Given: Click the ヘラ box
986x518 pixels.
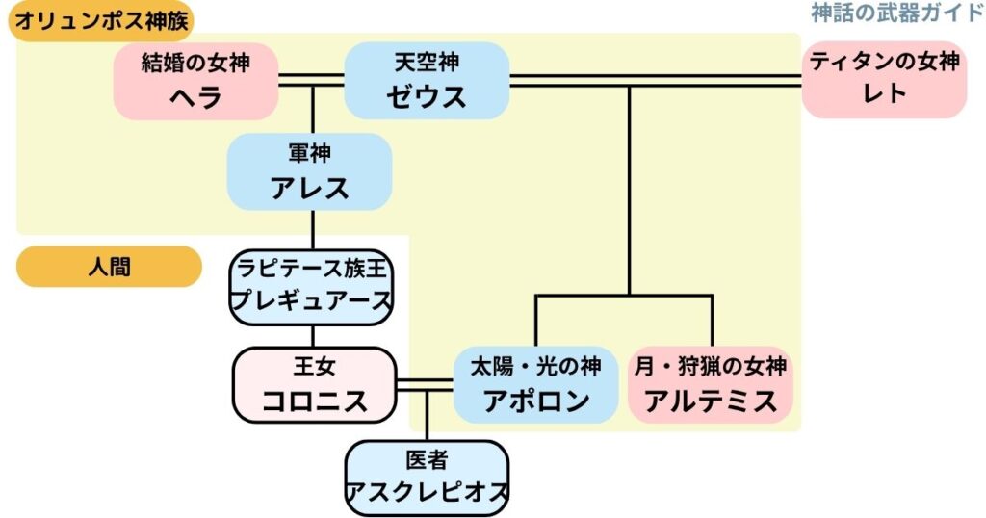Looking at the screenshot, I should click(x=195, y=82).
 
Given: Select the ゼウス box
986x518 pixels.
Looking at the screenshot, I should click(x=427, y=82).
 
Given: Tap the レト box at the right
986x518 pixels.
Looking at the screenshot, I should click(x=884, y=82).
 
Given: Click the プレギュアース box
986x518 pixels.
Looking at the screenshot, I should click(x=312, y=286).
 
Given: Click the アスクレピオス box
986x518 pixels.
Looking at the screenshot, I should click(x=427, y=479).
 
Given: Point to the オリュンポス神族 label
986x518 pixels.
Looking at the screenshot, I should click(x=100, y=19).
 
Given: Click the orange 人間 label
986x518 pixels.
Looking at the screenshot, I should click(x=109, y=267).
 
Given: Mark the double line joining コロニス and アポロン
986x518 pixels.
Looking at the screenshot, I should click(x=425, y=385).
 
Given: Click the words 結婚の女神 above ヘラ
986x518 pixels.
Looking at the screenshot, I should click(x=195, y=64).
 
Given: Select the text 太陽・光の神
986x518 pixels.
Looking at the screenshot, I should click(x=534, y=366).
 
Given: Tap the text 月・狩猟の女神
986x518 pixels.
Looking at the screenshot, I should click(x=711, y=366).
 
